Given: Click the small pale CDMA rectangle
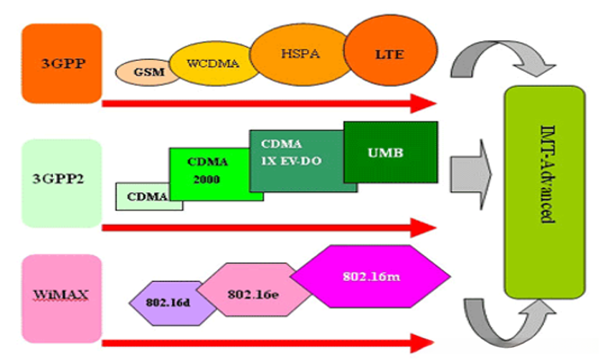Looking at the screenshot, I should [x=147, y=196].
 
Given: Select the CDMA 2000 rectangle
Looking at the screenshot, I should [x=208, y=173].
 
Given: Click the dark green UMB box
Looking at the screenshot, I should [x=391, y=152].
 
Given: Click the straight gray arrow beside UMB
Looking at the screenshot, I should [x=470, y=172].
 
